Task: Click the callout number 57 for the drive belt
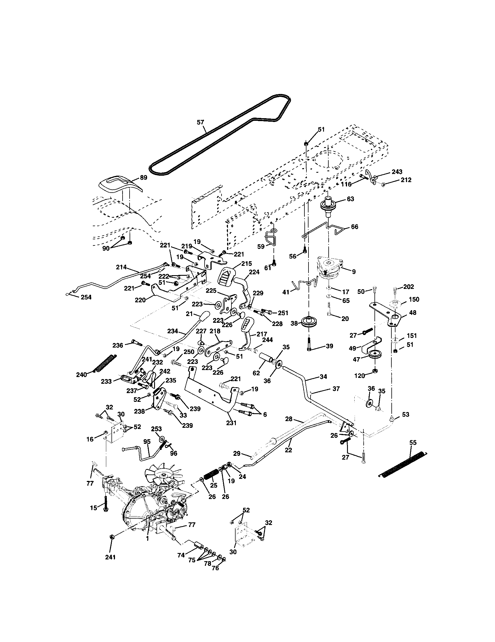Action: (200, 122)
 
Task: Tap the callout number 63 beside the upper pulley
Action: (350, 199)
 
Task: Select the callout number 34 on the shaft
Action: (323, 376)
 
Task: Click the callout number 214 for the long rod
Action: (121, 267)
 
